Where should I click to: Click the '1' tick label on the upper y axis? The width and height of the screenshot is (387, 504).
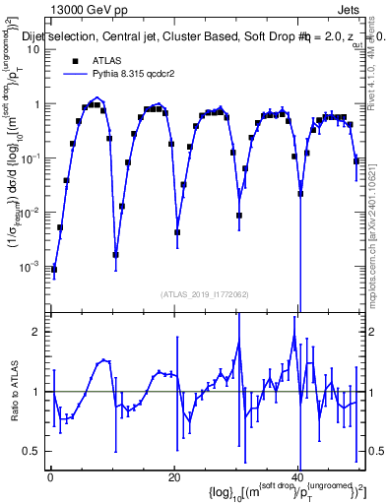35,103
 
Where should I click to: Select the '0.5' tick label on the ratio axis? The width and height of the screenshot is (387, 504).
32,451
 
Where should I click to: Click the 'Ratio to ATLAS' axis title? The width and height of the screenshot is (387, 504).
13,391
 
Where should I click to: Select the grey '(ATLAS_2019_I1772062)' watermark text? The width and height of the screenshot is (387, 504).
204,293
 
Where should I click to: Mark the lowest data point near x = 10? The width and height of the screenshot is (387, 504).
116,255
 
